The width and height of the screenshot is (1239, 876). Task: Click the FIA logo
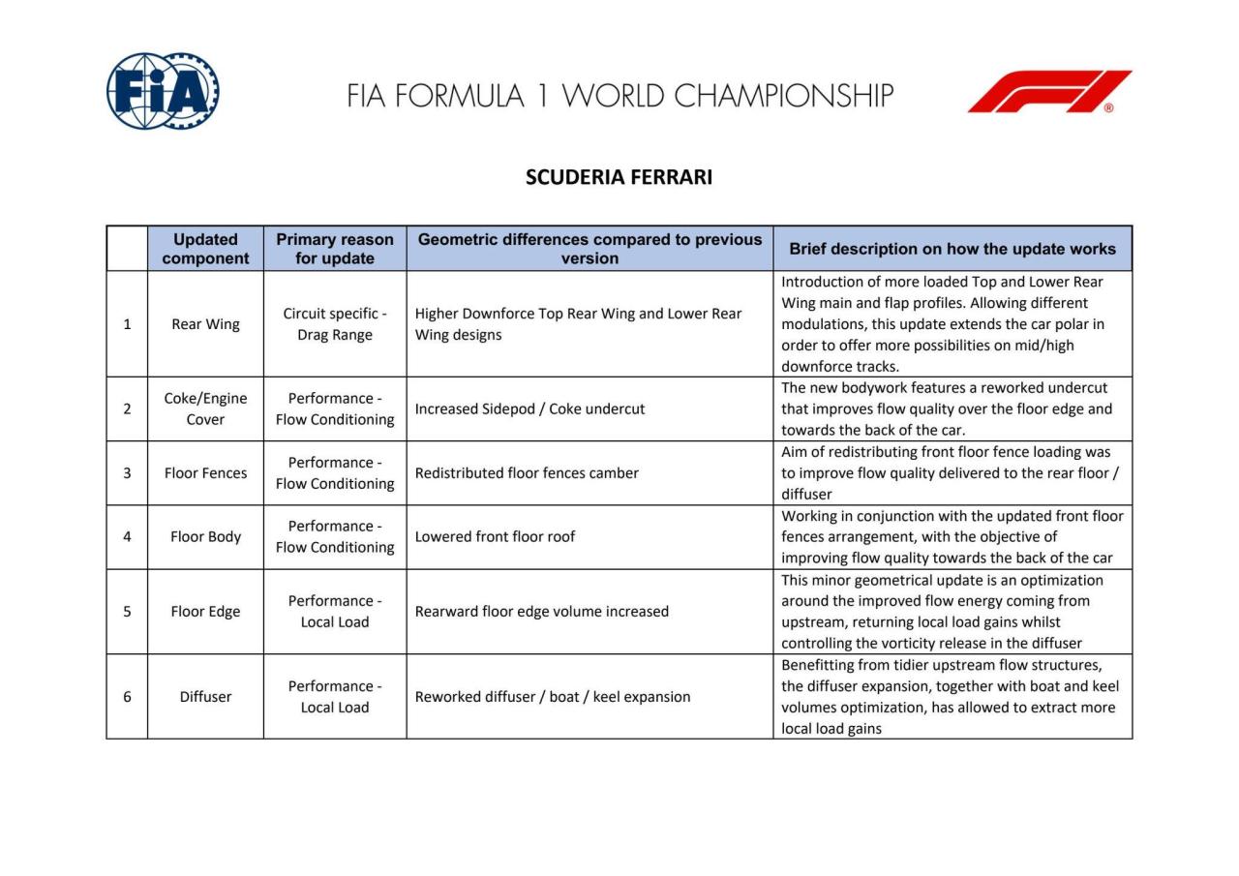pos(163,92)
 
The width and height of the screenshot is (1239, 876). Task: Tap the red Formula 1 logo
pos(1049,92)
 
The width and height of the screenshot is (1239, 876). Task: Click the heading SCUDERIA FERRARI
pos(619,177)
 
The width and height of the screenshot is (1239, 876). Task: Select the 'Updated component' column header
pos(205,249)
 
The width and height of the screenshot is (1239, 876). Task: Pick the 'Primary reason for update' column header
pos(335,249)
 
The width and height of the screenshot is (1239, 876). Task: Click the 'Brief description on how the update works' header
pos(952,249)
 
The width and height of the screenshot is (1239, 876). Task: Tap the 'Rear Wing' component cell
pos(205,324)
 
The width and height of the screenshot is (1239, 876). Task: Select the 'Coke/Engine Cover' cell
pos(205,408)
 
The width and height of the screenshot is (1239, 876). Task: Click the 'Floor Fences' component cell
pos(205,473)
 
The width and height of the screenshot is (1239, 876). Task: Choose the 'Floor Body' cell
pos(205,537)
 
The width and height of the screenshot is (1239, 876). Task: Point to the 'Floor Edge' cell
pos(205,612)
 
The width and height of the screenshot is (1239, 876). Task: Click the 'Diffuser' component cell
pos(205,697)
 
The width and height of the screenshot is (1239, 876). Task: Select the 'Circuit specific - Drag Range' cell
pos(335,324)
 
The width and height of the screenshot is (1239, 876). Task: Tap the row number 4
pos(127,537)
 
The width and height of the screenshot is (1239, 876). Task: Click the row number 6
pos(127,697)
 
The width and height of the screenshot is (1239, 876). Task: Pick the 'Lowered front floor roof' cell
pos(495,537)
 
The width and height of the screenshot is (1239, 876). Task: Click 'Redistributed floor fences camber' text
pos(527,473)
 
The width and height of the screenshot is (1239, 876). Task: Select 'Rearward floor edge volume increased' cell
pos(542,612)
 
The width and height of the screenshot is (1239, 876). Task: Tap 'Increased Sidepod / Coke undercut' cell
pos(529,408)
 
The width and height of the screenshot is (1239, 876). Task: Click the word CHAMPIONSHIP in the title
pos(783,96)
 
